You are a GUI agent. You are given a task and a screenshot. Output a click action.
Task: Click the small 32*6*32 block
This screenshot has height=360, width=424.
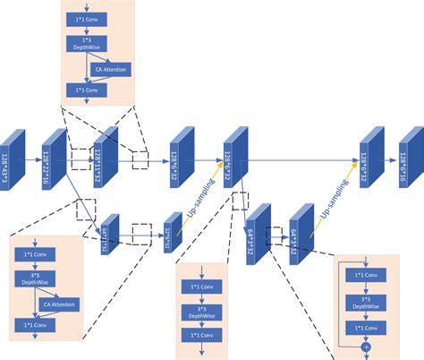pos(168,232)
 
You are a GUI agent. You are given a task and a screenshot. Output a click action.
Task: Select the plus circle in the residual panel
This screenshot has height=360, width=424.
pos(365,344)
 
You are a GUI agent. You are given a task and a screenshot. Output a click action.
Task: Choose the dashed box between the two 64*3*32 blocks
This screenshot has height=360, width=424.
pos(273,234)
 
